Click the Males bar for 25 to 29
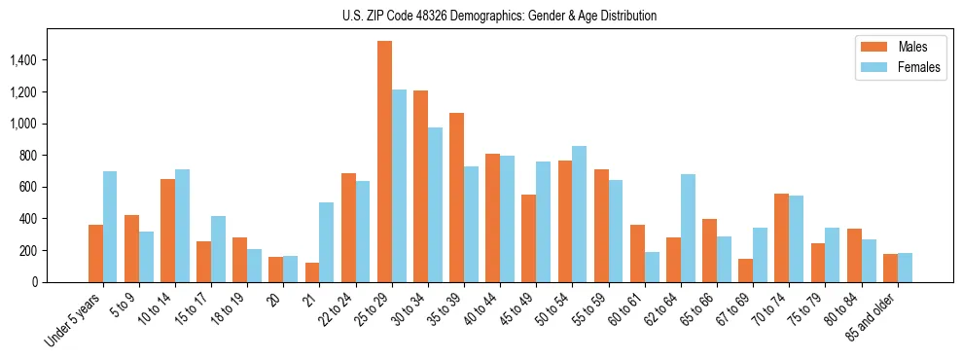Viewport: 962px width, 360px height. click(384, 162)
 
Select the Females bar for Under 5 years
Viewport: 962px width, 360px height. click(110, 227)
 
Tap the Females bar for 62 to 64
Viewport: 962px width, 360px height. click(688, 229)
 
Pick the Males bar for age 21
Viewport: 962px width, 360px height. click(312, 272)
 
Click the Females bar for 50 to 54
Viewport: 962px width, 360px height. click(579, 214)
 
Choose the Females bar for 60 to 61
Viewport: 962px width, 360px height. click(652, 268)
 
